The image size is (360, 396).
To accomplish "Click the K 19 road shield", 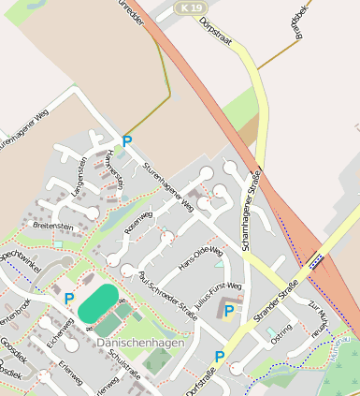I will pyautogui.click(x=192, y=8).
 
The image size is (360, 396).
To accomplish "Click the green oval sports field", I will pyautogui.click(x=97, y=302).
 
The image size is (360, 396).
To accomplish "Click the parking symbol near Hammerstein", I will pyautogui.click(x=128, y=141).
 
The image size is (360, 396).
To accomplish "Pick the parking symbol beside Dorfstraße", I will pyautogui.click(x=219, y=356).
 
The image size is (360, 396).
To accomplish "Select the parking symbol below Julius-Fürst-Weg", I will pyautogui.click(x=229, y=310).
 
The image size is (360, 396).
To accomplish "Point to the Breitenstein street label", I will pyautogui.click(x=52, y=226).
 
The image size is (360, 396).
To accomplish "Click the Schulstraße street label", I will pyautogui.click(x=123, y=362).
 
